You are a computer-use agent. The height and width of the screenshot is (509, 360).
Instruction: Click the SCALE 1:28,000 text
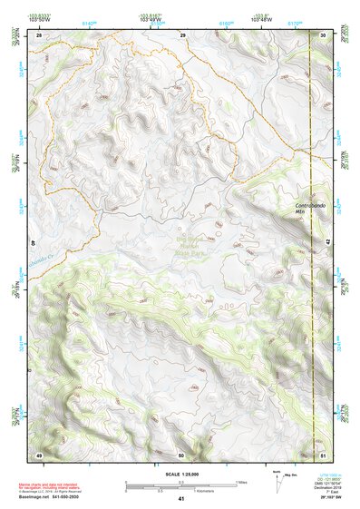[181, 469]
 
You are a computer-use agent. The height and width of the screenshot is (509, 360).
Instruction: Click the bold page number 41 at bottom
[181, 499]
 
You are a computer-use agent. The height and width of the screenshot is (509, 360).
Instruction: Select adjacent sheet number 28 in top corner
[40, 34]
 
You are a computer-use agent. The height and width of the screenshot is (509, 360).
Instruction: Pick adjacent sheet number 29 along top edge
[182, 34]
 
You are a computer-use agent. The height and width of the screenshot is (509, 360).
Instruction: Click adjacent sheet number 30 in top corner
[324, 34]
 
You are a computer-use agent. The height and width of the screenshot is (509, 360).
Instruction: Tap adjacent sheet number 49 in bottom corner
[39, 454]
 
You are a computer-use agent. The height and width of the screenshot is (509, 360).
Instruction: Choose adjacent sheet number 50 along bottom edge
[181, 454]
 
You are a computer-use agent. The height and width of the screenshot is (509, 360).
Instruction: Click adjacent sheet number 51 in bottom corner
[324, 454]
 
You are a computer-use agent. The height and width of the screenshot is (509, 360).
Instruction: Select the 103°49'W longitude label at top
[155, 19]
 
